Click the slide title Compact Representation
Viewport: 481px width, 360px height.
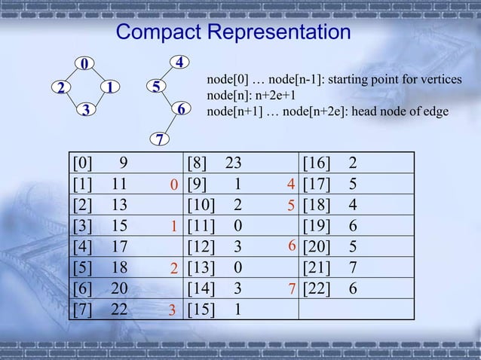click(x=234, y=33)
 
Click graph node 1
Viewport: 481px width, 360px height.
click(x=110, y=87)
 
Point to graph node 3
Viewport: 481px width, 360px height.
click(x=86, y=111)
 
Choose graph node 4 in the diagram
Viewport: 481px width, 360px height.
click(x=180, y=62)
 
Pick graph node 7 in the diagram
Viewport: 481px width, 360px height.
click(x=159, y=139)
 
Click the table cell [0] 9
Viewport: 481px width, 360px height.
click(x=100, y=162)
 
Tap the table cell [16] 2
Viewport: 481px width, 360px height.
click(x=329, y=162)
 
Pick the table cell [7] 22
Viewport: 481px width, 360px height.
click(x=100, y=309)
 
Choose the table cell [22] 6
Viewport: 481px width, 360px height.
click(x=329, y=288)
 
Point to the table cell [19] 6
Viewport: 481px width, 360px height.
click(x=329, y=225)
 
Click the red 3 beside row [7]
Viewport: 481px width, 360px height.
click(x=173, y=310)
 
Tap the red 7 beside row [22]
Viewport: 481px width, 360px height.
click(x=290, y=288)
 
